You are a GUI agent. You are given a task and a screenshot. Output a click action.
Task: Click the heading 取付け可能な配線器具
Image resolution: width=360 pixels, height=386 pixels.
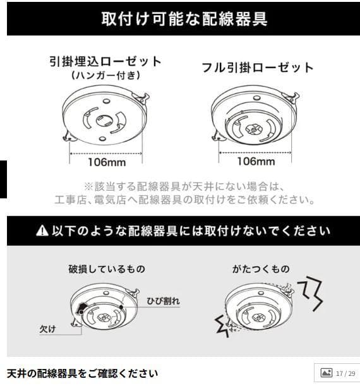184,18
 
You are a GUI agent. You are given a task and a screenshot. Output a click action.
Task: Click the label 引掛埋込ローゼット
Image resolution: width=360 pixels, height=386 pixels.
105,62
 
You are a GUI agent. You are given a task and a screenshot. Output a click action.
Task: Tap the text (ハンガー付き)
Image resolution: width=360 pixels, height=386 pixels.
105,76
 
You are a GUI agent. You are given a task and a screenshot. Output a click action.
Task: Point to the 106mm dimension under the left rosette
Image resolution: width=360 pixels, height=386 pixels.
106,161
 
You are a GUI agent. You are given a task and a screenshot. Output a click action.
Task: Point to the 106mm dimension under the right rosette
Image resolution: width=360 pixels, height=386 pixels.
256,161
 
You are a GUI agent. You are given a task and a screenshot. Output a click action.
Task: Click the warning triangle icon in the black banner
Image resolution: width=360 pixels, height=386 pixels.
42,231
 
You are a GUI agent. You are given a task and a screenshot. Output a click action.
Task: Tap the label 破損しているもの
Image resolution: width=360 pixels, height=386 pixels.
106,269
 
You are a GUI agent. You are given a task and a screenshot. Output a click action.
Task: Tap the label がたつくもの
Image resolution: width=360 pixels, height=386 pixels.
261,269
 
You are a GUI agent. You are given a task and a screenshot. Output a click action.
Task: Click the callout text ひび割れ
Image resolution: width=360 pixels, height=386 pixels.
163,301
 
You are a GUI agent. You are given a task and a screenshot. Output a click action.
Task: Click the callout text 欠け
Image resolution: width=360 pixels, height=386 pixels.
47,329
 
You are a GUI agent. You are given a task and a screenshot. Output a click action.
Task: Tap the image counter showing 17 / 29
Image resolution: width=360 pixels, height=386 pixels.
339,373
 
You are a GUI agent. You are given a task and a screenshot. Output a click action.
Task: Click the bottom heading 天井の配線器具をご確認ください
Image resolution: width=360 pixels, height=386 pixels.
82,373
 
